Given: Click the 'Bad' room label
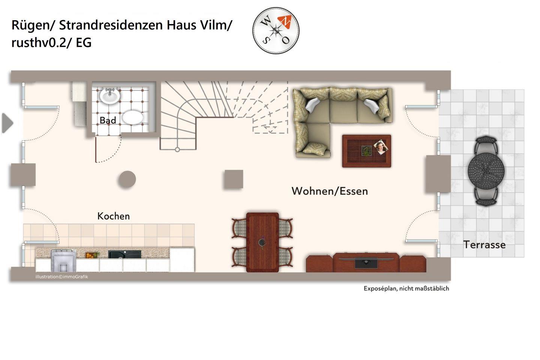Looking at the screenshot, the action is (108, 120).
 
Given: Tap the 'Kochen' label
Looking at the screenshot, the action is (114, 216).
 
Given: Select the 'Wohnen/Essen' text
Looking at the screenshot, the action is (330, 191).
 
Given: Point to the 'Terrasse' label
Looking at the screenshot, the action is (484, 245).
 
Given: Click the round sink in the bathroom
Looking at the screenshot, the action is (109, 96).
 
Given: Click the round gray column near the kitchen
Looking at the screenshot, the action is (127, 179).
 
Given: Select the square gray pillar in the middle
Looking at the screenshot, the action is (234, 179).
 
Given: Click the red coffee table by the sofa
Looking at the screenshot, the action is (366, 151).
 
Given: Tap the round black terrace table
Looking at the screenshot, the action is (486, 171).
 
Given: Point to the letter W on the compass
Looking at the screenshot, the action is (265, 21).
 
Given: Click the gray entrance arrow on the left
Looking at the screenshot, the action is (7, 123).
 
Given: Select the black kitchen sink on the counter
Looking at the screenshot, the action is (124, 254).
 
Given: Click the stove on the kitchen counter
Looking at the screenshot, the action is (63, 260).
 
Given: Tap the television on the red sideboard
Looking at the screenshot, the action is (366, 263).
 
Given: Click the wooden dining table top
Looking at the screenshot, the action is (262, 242).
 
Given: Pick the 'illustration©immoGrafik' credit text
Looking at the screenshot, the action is (62, 277).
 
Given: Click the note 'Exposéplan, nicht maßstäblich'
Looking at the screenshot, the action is (406, 288).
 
